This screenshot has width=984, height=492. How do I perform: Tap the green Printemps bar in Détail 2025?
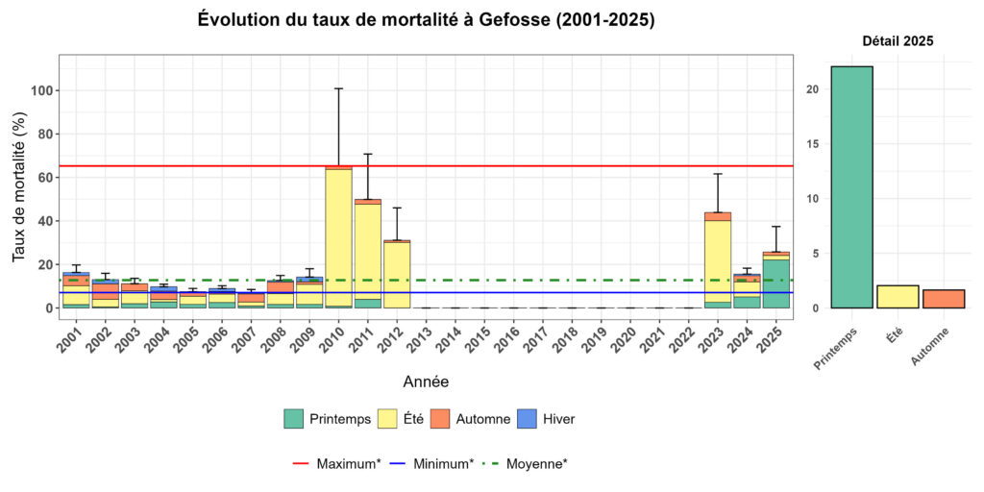click(851, 187)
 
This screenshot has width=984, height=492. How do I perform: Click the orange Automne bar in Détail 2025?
click(944, 299)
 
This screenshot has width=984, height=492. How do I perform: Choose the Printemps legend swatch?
click(294, 419)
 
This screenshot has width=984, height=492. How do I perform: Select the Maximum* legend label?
click(349, 463)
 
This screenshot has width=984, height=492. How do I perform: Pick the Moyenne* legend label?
click(536, 463)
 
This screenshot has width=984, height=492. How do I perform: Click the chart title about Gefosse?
click(426, 19)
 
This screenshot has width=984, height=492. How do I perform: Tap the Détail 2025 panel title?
click(898, 41)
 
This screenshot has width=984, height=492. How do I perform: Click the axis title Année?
click(426, 381)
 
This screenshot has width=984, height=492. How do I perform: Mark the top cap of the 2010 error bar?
click(338, 88)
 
